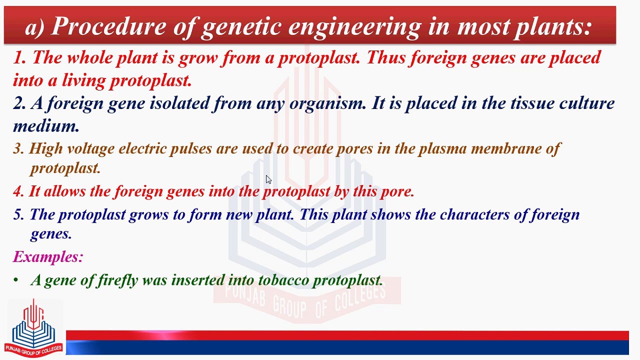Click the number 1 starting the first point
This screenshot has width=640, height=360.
point(18,57)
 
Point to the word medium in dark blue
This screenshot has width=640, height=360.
point(46,126)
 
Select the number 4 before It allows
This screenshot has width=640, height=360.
point(18,191)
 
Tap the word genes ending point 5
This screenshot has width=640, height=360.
point(51,234)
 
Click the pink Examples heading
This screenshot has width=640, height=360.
point(48,257)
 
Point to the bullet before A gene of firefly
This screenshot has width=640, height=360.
point(16,280)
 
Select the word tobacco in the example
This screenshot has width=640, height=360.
point(283,280)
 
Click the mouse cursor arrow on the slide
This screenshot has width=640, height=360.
point(268,179)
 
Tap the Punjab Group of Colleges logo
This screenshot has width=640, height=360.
point(33,327)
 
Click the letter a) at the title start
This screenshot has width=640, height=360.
point(35,27)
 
